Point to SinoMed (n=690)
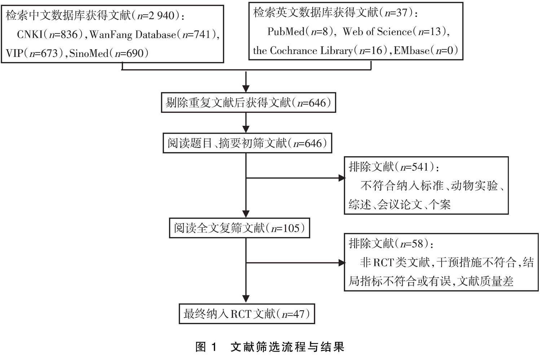click(x=109, y=53)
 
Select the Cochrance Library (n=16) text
click(x=317, y=50)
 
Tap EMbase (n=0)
click(x=426, y=50)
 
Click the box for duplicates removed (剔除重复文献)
click(x=248, y=103)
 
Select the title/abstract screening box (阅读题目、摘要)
click(x=247, y=143)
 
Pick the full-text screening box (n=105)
click(x=239, y=228)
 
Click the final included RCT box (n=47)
click(x=247, y=314)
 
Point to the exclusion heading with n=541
click(x=394, y=167)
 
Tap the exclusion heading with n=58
click(x=391, y=244)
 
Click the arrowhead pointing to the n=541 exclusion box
click(x=341, y=178)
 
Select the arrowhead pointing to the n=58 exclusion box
click(x=341, y=263)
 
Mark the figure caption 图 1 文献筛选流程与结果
click(x=270, y=347)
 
